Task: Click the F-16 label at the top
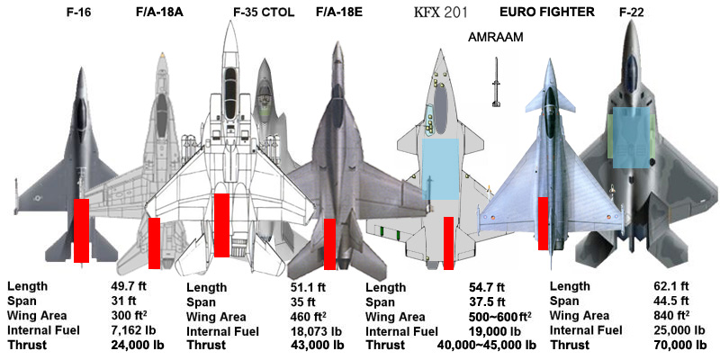coord(78,13)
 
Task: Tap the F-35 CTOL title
coord(264,13)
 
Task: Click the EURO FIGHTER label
coord(546,13)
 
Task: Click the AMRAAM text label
coord(496,39)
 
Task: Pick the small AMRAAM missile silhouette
coord(494,83)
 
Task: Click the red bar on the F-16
coord(81,230)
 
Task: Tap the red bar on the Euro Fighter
coord(543,223)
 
